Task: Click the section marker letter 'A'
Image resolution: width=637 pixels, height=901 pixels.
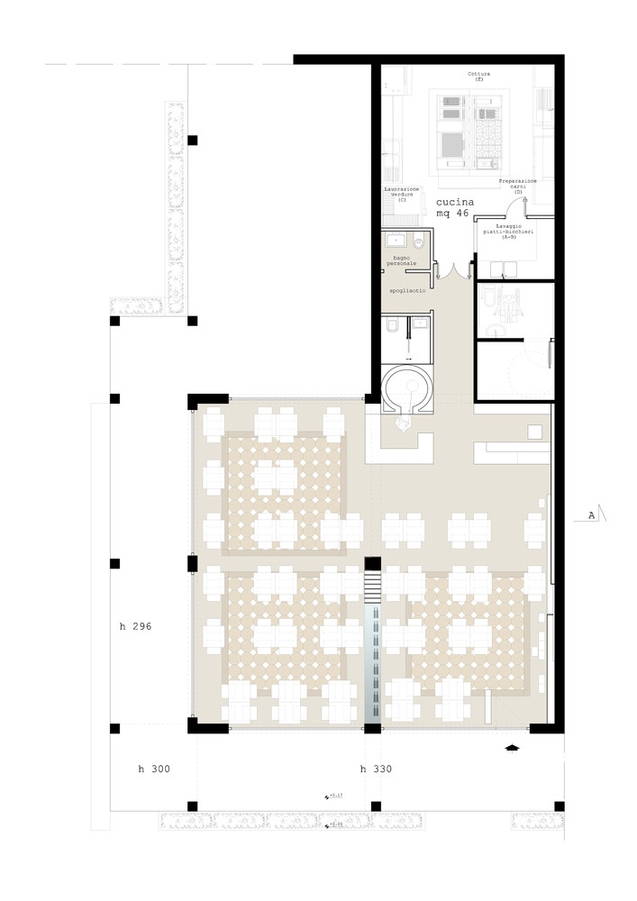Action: coord(591,516)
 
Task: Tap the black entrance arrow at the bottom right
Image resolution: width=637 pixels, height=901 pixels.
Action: coord(513,747)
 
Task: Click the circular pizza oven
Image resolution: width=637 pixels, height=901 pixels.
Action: coord(405,393)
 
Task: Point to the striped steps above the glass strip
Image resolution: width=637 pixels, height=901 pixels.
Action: coord(374,589)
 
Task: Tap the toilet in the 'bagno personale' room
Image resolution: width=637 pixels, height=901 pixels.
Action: coord(421,242)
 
